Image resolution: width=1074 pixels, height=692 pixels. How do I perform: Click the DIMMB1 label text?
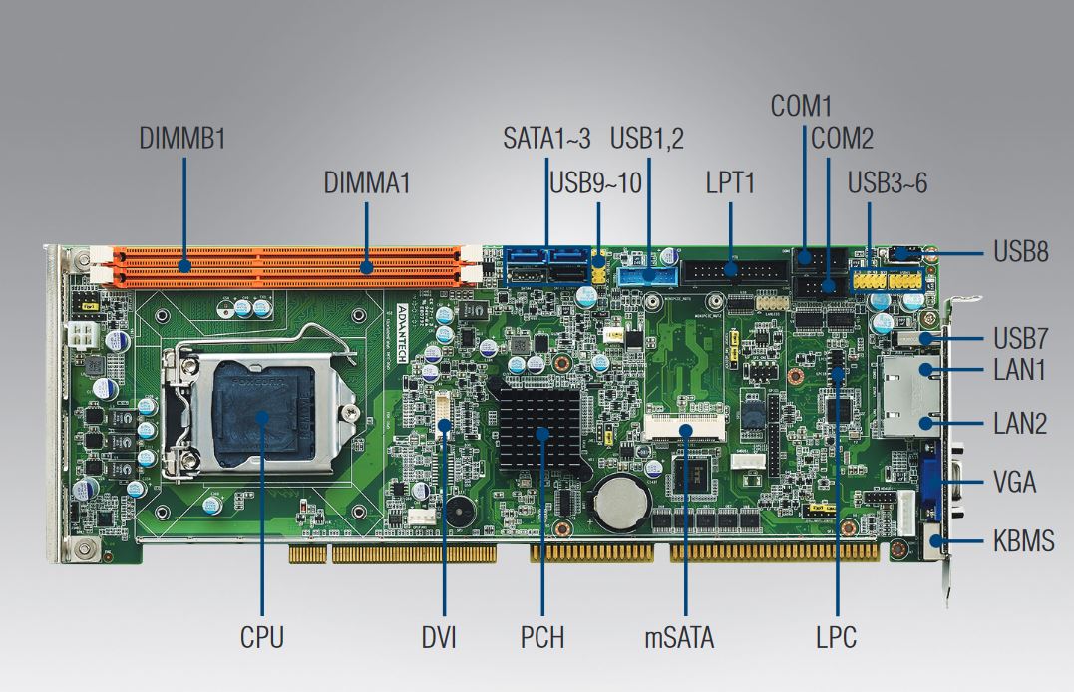pyautogui.click(x=181, y=139)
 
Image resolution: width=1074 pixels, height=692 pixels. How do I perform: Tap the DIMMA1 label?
pyautogui.click(x=367, y=183)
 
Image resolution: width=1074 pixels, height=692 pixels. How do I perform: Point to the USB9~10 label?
pyautogui.click(x=595, y=183)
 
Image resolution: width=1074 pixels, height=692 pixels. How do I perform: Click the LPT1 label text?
pyautogui.click(x=730, y=183)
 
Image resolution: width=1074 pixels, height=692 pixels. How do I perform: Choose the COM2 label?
pyautogui.click(x=842, y=139)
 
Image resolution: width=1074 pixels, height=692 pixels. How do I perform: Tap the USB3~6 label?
pyautogui.click(x=888, y=183)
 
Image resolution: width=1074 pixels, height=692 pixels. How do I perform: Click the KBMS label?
pyautogui.click(x=1023, y=543)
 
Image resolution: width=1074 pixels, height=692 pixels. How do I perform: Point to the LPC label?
pyautogui.click(x=836, y=637)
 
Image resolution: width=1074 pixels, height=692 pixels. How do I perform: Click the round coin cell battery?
pyautogui.click(x=620, y=499)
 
